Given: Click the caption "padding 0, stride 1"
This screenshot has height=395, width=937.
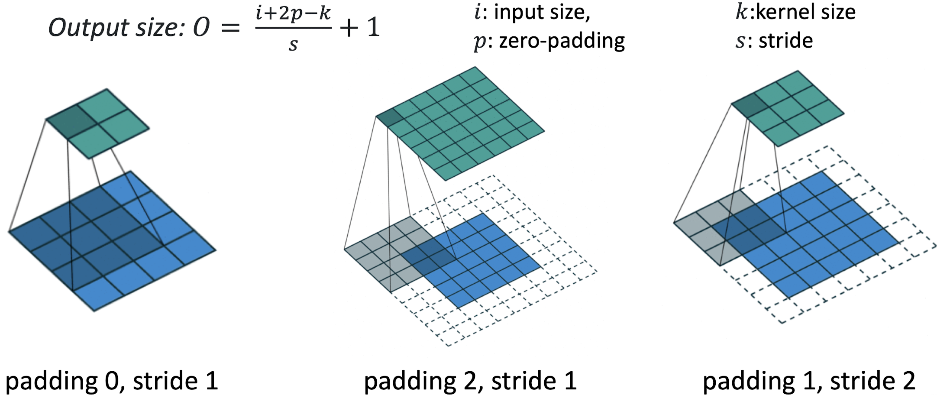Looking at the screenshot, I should (x=111, y=381).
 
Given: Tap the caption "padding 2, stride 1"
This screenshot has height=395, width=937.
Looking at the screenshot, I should (x=470, y=381).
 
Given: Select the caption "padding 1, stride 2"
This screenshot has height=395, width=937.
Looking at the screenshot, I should (x=808, y=381).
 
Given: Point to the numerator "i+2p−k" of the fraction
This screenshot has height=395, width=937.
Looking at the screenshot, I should (x=293, y=13).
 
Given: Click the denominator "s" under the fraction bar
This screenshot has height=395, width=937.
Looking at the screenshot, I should (x=293, y=44).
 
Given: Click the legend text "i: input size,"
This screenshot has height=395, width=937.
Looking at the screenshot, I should (x=532, y=12).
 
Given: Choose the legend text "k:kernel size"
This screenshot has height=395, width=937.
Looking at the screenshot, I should (x=795, y=12).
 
